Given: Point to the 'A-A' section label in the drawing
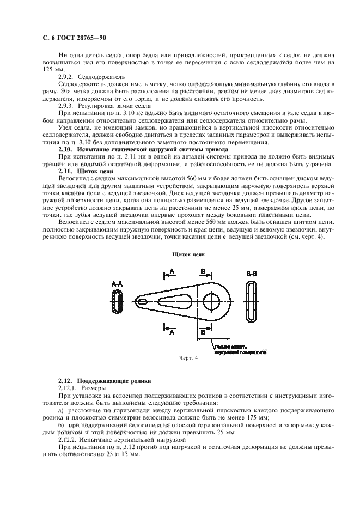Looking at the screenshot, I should tap(117, 283).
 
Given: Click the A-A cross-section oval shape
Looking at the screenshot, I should tap(117, 301).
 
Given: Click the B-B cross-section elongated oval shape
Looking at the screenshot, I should tap(251, 301).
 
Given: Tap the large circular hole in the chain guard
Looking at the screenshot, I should tap(210, 301).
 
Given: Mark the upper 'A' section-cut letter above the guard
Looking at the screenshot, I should tap(172, 271).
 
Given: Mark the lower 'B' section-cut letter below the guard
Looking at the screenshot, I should tap(203, 331).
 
